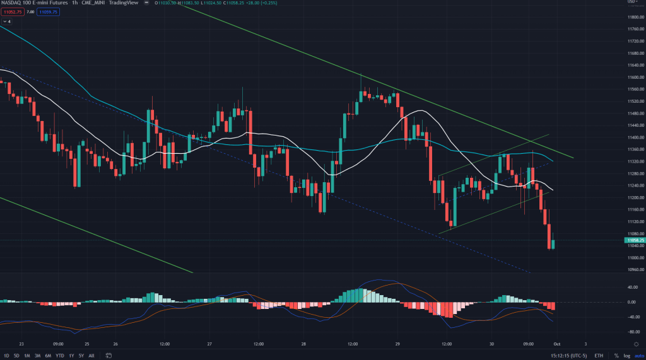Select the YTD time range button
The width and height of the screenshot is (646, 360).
(59, 355)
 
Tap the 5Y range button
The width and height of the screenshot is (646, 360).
(82, 355)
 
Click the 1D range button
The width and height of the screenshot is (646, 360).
(6, 355)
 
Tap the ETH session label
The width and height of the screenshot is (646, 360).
(598, 355)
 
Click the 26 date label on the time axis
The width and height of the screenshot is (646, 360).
(116, 344)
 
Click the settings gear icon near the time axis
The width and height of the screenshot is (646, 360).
(635, 344)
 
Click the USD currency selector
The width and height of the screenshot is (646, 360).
(632, 3)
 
